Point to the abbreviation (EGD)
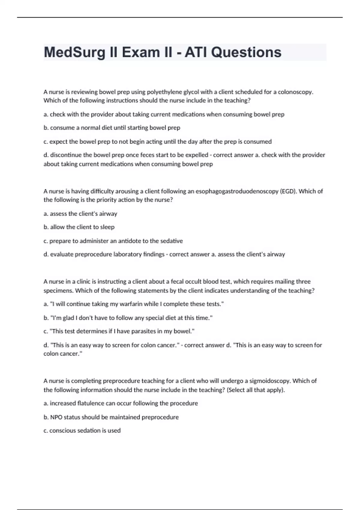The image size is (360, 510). pyautogui.click(x=288, y=191)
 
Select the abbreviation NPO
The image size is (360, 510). pyautogui.click(x=56, y=417)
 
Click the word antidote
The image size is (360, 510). pyautogui.click(x=129, y=241)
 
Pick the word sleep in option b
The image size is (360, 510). pyautogui.click(x=107, y=227)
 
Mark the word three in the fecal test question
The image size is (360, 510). pyautogui.click(x=303, y=281)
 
